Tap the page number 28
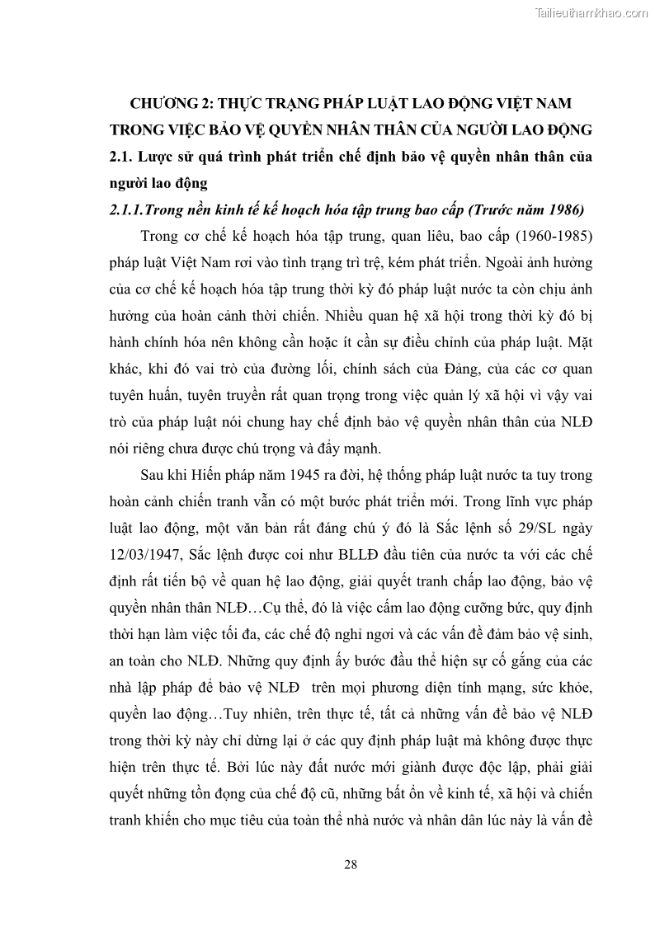click(350, 864)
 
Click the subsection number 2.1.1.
click(126, 209)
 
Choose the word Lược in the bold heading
click(159, 156)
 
